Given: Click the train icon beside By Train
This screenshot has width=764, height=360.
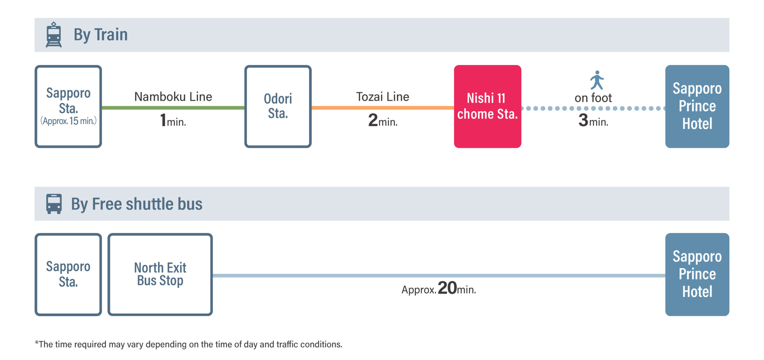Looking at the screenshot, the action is [54, 35].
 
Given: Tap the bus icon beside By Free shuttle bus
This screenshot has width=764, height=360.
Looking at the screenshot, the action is [54, 204].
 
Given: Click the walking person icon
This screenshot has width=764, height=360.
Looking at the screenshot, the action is [597, 80].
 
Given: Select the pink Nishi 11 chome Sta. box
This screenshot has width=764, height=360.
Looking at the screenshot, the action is [488, 106].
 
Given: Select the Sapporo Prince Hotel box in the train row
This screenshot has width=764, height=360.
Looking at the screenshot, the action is [697, 106].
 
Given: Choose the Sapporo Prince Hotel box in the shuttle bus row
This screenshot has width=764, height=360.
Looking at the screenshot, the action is [697, 274].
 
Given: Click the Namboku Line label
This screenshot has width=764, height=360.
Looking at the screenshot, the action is [173, 97].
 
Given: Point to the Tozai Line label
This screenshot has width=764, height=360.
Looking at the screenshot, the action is [383, 97].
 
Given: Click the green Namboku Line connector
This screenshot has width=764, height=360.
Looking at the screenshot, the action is [173, 108].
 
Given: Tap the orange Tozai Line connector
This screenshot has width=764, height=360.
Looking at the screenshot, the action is [383, 108].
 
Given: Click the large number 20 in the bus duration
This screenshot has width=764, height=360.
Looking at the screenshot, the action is [447, 288].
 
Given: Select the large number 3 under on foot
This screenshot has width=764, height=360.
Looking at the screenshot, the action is [583, 120].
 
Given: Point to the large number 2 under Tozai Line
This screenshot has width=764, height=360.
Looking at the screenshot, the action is [373, 120].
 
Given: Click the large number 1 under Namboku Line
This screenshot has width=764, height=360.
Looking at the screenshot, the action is [163, 120].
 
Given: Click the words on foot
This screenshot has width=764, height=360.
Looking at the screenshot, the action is [593, 98].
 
